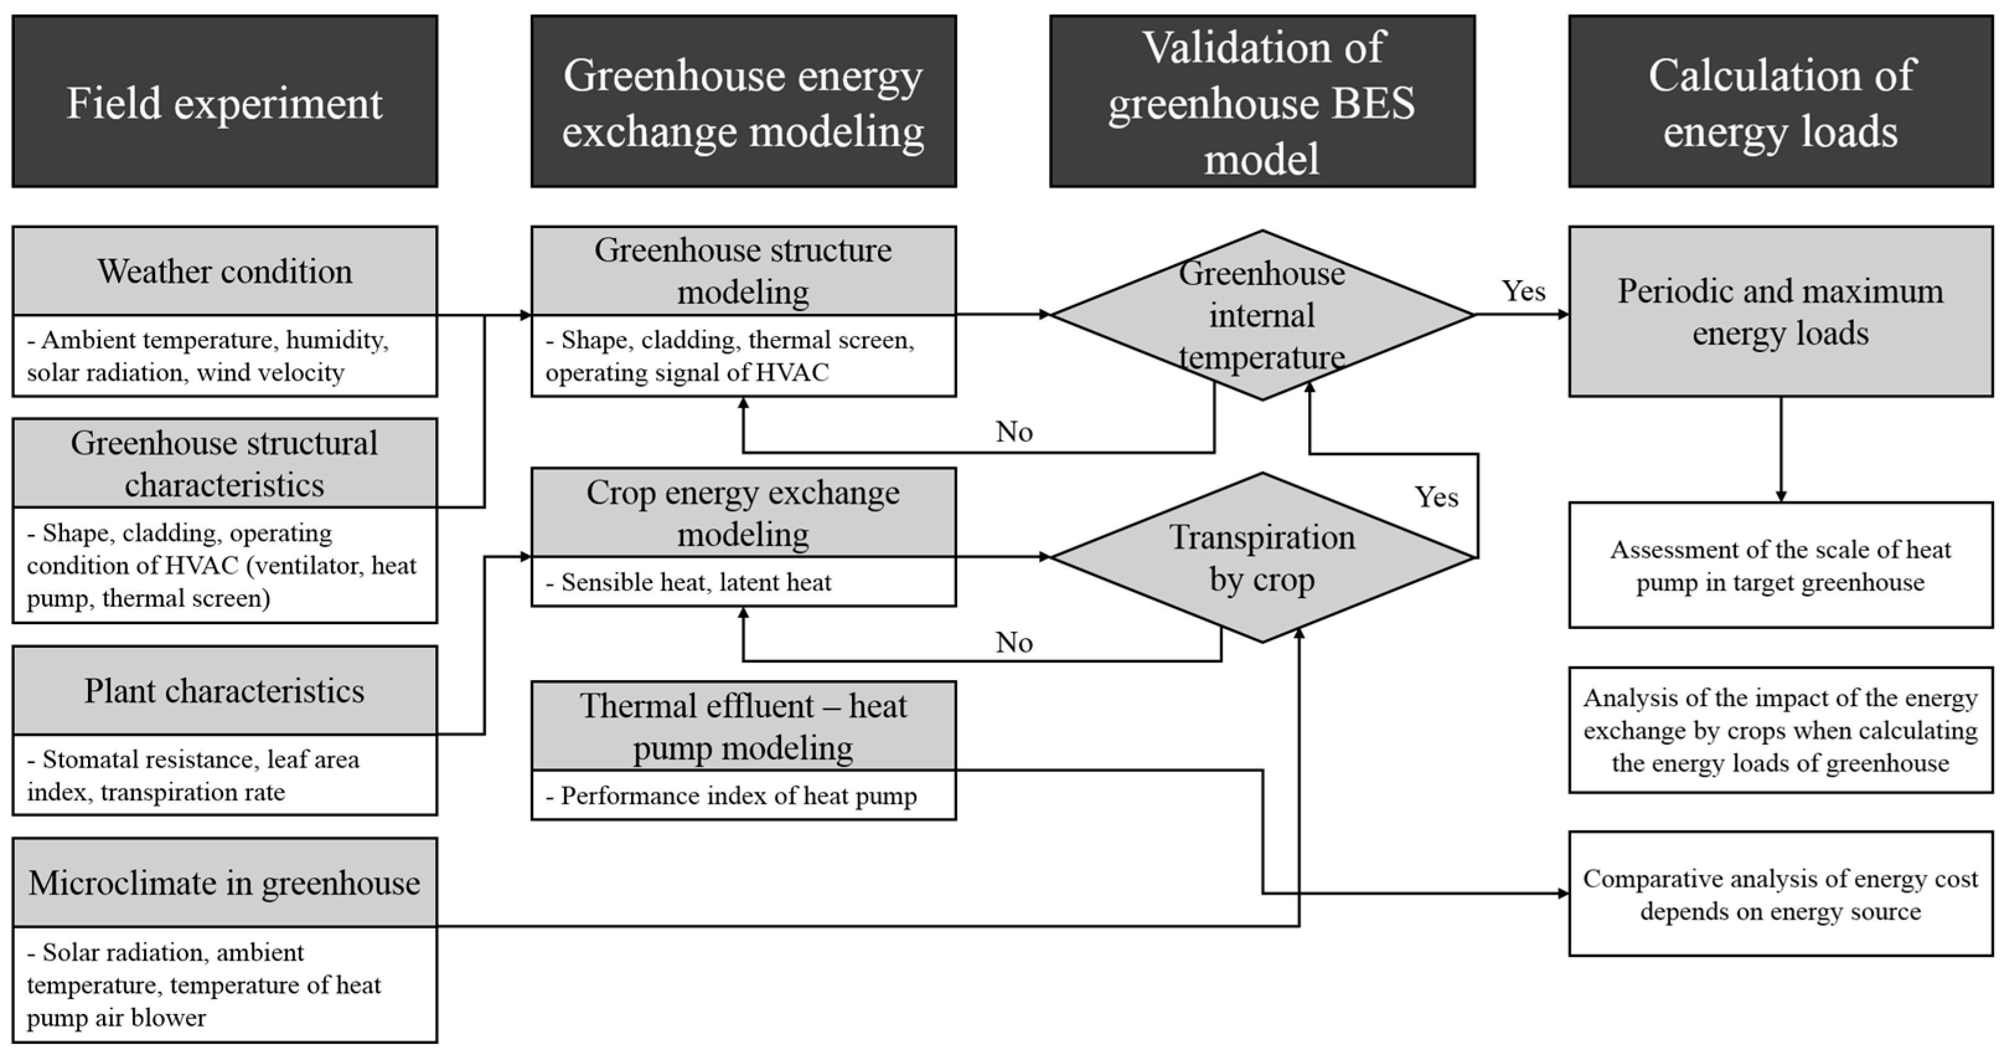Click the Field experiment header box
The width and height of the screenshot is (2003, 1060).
click(x=224, y=101)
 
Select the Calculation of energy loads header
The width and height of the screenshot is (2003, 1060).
click(x=1780, y=101)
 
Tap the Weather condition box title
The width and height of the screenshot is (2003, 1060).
click(x=224, y=272)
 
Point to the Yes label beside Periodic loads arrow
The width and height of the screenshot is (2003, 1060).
click(x=1523, y=291)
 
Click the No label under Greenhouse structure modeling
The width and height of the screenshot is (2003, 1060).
click(x=1014, y=431)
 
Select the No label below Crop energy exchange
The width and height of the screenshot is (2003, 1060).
click(x=1014, y=642)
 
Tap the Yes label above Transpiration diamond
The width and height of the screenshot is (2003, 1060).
click(x=1435, y=498)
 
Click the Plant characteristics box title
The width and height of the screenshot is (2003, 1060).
click(x=224, y=691)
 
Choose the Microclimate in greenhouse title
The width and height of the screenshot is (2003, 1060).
click(x=224, y=883)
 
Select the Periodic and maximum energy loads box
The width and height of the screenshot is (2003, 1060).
click(x=1780, y=312)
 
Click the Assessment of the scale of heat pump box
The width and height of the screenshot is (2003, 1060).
click(x=1780, y=565)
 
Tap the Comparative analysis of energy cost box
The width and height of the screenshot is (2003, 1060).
click(x=1780, y=894)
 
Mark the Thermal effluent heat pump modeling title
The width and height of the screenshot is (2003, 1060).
click(x=743, y=727)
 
